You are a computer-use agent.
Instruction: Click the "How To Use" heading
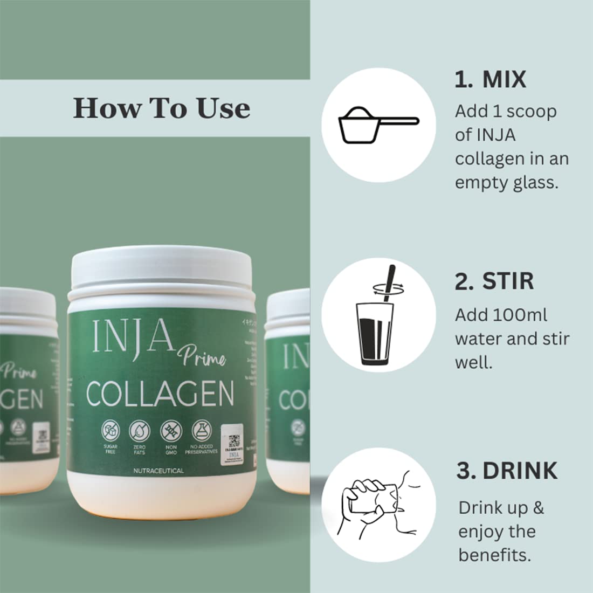click(x=162, y=108)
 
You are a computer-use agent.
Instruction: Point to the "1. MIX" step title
click(x=490, y=80)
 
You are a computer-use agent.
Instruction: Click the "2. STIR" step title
click(x=494, y=281)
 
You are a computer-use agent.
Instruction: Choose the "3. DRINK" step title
click(x=507, y=471)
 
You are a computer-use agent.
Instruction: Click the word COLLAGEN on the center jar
click(x=160, y=394)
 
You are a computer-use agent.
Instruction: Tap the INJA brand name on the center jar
click(x=133, y=336)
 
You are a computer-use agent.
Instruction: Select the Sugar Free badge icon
click(x=110, y=431)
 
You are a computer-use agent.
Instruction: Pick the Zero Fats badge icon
click(x=139, y=431)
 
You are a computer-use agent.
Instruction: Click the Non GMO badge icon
click(x=171, y=431)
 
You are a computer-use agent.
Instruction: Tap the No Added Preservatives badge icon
click(x=202, y=431)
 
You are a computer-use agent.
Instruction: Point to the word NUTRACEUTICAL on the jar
click(x=158, y=471)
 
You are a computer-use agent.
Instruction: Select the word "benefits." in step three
click(x=495, y=555)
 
